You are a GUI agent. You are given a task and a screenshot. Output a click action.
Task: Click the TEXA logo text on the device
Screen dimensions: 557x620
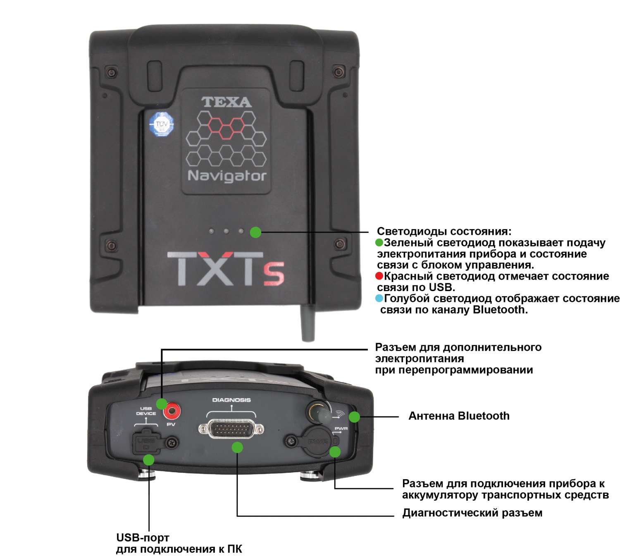pos(226,102)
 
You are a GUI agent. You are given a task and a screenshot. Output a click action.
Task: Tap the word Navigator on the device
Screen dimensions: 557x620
pos(227,176)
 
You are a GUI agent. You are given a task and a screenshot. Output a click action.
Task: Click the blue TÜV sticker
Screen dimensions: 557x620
pos(161,124)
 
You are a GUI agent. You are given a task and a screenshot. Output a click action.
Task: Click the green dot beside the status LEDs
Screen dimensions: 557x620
pos(255,232)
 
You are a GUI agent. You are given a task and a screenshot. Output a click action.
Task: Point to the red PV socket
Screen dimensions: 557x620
pos(171,411)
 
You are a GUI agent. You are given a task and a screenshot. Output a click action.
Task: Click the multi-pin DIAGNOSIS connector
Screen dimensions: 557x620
pos(231,430)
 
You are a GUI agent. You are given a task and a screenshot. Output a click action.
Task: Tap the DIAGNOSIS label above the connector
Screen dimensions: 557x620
pos(231,400)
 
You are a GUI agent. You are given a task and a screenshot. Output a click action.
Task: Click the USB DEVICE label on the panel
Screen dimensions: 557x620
pos(146,411)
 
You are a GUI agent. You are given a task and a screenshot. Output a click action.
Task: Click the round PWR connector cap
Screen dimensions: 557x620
pos(317,442)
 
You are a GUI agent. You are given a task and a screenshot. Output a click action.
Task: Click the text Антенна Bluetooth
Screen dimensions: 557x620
pos(459,416)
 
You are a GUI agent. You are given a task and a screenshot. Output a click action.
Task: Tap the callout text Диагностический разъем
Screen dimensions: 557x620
pos(472,513)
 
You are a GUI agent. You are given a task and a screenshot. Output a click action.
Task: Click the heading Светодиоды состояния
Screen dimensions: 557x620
pos(444,232)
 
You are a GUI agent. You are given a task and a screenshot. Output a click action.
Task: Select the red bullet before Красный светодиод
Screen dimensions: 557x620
pos(379,276)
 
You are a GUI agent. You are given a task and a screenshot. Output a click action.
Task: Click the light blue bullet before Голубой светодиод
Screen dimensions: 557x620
pos(379,299)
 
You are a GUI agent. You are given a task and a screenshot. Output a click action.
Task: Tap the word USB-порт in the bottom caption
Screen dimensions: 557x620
pos(143,538)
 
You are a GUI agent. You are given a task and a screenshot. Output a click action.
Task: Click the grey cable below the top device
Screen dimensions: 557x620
pos(308,325)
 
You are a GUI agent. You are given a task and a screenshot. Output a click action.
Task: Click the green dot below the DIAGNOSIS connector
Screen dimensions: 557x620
pos(237,447)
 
